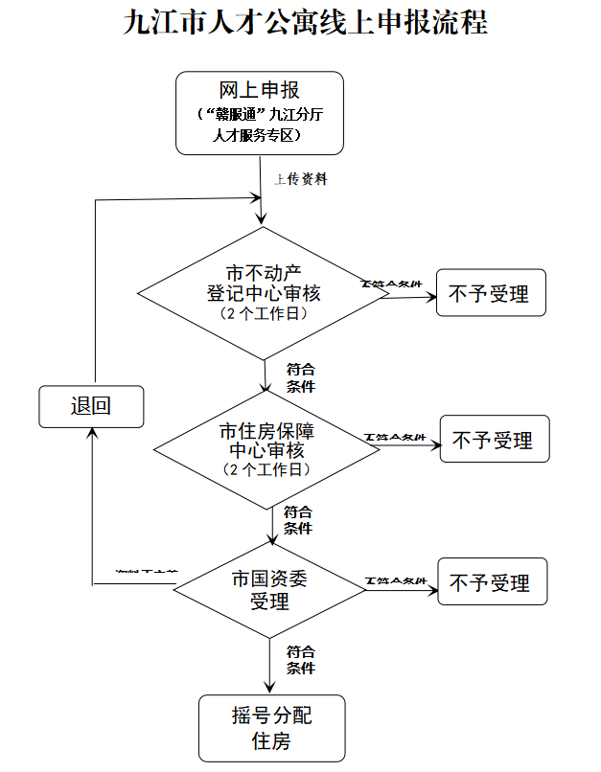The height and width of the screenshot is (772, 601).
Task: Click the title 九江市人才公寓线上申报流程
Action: (306, 23)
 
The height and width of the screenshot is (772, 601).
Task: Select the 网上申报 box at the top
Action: (259, 112)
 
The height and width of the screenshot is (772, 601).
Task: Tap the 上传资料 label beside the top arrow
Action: (301, 179)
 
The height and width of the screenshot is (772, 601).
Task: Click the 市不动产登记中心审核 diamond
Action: (264, 292)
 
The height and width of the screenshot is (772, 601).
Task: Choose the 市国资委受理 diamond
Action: (269, 589)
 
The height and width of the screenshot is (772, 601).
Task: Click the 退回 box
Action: (91, 406)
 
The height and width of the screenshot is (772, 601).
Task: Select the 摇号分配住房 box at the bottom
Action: (271, 728)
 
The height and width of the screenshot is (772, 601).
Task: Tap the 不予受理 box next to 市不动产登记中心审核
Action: (490, 293)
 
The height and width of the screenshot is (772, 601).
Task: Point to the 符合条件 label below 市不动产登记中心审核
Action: (300, 377)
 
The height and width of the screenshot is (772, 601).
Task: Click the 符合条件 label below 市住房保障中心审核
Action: (298, 520)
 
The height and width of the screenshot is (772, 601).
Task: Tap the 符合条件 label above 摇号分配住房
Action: (300, 660)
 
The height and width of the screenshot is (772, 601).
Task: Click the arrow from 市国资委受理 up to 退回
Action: (92, 508)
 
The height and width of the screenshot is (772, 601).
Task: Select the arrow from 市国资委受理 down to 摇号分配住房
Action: (269, 666)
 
